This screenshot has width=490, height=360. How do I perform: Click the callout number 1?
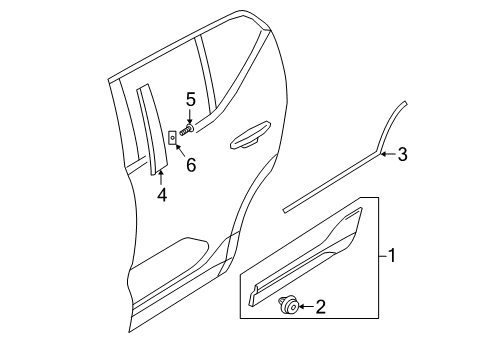(x=393, y=256)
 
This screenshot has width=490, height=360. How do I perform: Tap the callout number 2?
(x=321, y=307)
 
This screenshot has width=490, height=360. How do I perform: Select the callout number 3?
(x=402, y=154)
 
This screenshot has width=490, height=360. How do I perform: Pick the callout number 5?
(x=189, y=98)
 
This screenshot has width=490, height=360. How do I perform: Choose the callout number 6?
(x=190, y=164)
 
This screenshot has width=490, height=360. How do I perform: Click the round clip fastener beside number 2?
(x=288, y=307)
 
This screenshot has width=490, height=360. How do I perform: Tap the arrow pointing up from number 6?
(x=181, y=150)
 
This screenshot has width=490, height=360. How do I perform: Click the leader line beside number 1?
(x=379, y=256)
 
